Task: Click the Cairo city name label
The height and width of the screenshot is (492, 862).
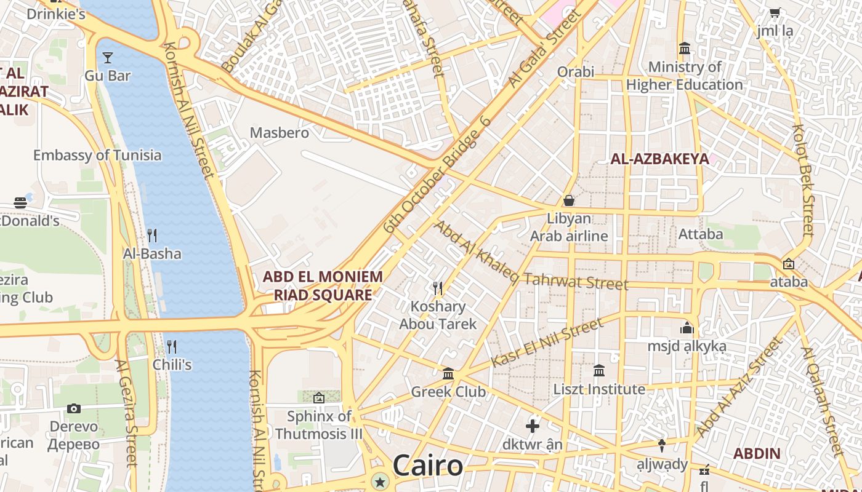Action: tap(427, 466)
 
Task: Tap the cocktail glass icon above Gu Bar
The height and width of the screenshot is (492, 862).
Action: tap(108, 58)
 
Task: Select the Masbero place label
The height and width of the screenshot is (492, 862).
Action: tap(280, 132)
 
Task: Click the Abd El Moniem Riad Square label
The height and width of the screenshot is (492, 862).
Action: tap(323, 285)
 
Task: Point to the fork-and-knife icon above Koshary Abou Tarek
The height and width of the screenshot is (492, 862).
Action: tap(438, 287)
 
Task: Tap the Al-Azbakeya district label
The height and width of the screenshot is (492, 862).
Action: tap(659, 159)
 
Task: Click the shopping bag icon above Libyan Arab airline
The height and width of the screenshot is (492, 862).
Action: tap(569, 200)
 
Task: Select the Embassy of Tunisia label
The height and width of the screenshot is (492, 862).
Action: tap(97, 155)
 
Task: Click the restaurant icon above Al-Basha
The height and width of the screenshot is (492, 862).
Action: tap(152, 235)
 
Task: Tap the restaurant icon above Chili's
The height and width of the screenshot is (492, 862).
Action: tap(172, 346)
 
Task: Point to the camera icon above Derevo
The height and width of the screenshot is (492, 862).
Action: tap(74, 408)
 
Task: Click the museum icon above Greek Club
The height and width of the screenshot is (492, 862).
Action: tap(448, 373)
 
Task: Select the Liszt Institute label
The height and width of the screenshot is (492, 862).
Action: tap(599, 389)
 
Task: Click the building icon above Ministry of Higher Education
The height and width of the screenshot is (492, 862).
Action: tap(685, 48)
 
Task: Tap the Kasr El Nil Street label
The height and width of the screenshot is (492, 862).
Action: tap(547, 343)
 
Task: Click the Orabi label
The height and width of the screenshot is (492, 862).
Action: tap(576, 72)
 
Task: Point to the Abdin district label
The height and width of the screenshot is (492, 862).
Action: tap(757, 454)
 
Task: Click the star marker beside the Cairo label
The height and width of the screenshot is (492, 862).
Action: tap(381, 482)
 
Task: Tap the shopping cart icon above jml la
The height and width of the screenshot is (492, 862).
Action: tap(775, 13)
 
